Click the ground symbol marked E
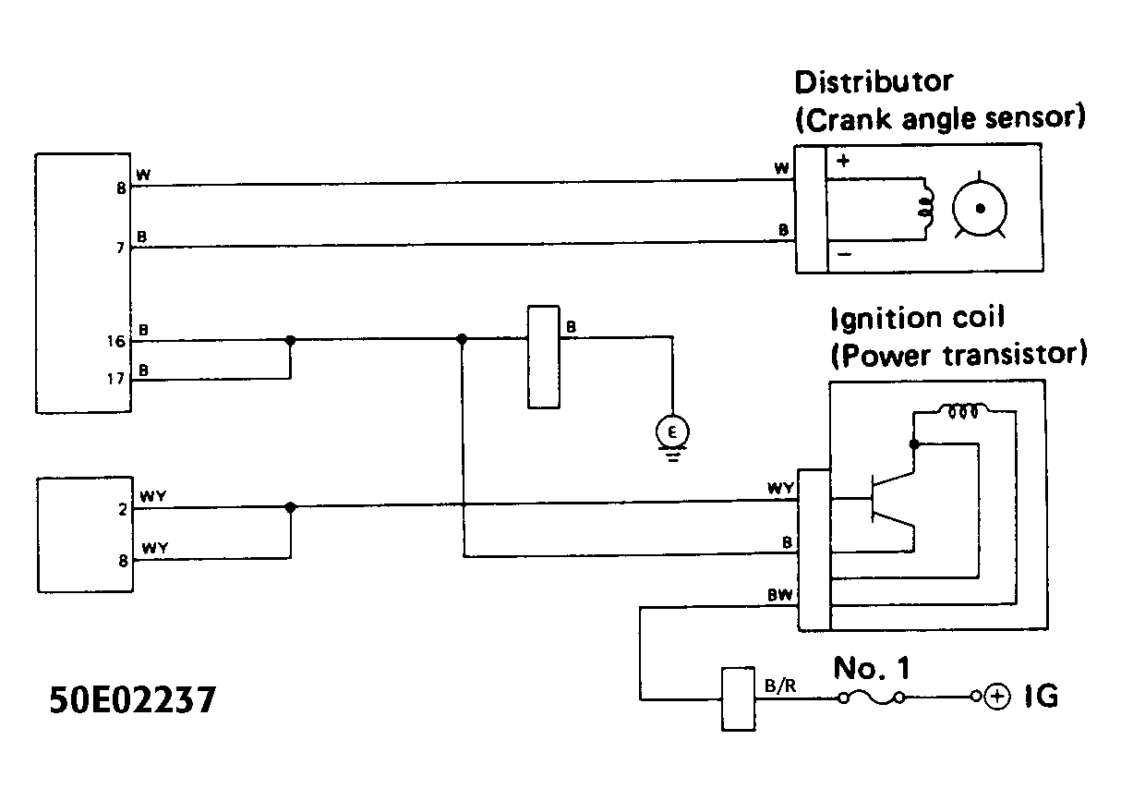point(671,431)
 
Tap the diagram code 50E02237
point(133,698)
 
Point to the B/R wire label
point(777,686)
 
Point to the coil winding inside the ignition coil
point(963,411)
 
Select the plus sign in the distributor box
point(842,160)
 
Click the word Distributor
point(873,81)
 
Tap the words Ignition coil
point(916,319)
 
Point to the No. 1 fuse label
point(877,667)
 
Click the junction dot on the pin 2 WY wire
point(291,507)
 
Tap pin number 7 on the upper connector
point(120,249)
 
